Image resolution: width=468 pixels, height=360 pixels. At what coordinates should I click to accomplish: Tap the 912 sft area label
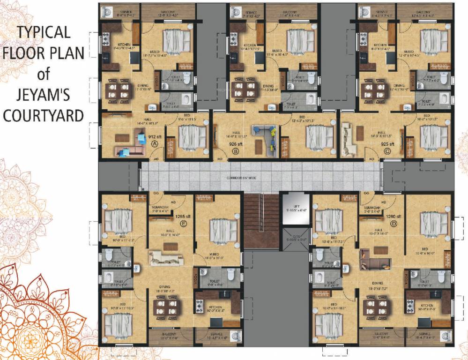[156, 137]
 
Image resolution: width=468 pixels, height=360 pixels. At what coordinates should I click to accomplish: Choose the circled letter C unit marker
[386, 151]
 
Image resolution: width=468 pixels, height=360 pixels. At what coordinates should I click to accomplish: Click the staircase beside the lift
[261, 220]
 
